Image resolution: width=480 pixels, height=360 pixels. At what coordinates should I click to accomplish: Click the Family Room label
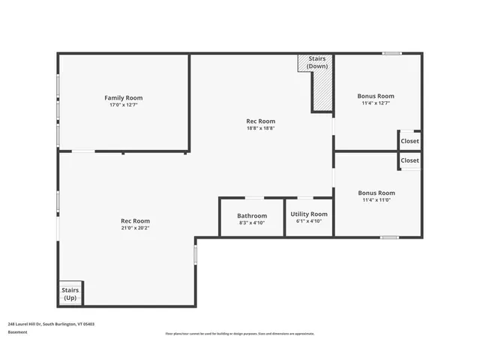pos(123,97)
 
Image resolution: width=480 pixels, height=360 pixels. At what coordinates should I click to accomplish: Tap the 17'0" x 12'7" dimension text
pos(123,105)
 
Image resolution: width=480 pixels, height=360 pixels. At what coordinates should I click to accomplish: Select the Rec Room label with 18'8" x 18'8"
pos(261,121)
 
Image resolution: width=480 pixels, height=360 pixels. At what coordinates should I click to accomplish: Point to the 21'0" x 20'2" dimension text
pos(135,228)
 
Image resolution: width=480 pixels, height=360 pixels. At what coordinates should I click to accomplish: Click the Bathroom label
pos(252,215)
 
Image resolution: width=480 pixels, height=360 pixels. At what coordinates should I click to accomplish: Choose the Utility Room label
pos(309,214)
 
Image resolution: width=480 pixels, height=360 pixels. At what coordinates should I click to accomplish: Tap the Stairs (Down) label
pos(316,61)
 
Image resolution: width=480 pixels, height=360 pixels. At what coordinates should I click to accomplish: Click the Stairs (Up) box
pos(70,293)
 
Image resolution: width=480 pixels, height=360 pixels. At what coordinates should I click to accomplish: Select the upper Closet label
pos(410,141)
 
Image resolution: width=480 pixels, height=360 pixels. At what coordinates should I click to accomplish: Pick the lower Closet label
pos(410,160)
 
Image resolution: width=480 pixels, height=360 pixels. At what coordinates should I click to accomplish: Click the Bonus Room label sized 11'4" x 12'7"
pos(376,96)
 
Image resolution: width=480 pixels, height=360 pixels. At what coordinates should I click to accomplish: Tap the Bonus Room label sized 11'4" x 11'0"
pos(376,193)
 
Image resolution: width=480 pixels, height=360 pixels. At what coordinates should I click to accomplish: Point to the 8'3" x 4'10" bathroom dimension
pos(252,222)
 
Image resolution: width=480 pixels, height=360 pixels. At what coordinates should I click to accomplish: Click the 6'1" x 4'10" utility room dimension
pos(309,221)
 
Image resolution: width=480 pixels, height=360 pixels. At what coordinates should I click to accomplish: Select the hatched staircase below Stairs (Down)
pos(322,91)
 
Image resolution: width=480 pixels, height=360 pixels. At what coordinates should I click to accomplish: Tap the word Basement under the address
pos(17,332)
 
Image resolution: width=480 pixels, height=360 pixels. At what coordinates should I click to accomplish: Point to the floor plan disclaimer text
pos(240,334)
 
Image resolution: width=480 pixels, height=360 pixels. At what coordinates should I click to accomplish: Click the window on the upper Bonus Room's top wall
pos(391,53)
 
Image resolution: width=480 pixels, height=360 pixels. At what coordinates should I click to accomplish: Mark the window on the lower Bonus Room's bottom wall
pos(388,238)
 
